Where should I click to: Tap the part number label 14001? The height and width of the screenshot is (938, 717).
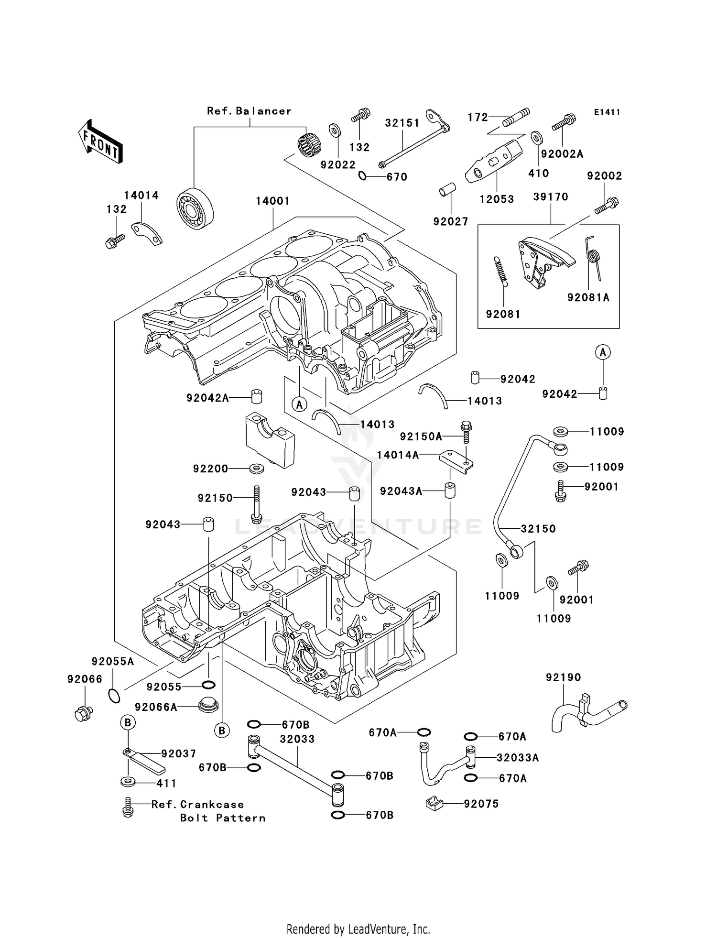point(272,201)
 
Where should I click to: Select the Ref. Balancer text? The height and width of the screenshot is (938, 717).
point(249,111)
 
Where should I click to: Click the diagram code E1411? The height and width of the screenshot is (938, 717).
point(607,112)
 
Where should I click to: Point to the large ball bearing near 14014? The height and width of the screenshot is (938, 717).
point(195,209)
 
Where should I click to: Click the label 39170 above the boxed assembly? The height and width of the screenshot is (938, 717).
point(551,197)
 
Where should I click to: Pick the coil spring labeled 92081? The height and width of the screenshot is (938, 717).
point(500,271)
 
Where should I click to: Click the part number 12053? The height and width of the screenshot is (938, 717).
point(497,199)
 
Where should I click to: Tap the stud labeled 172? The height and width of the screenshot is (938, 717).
point(516,117)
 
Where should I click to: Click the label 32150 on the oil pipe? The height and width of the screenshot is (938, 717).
point(538,529)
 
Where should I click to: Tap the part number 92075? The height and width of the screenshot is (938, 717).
point(481,804)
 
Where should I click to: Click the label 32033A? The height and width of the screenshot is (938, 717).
point(518,758)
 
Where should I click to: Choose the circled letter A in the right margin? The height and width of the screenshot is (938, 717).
point(603,352)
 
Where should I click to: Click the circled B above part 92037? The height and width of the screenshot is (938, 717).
point(127,722)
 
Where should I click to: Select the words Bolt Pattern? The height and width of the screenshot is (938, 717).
point(223,818)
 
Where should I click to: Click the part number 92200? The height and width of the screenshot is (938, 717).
point(210,469)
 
